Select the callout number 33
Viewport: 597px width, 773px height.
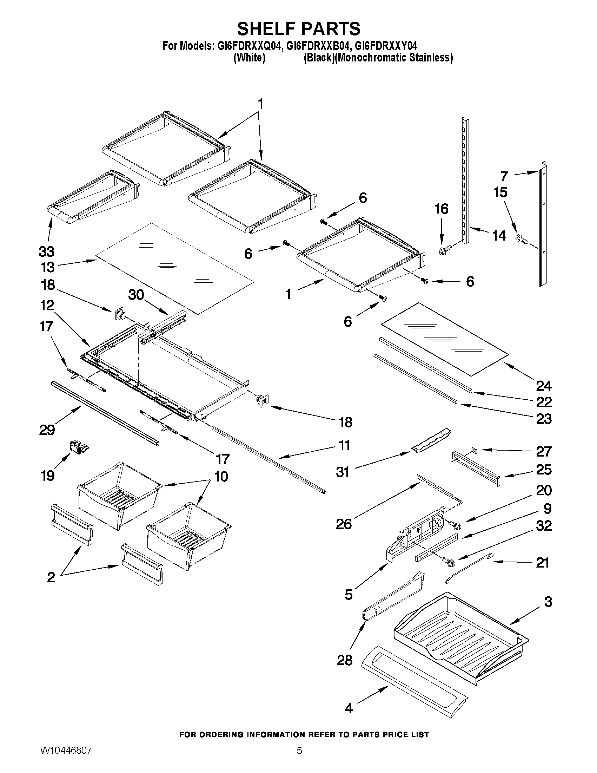[46, 252]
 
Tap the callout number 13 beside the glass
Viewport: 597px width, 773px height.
[47, 267]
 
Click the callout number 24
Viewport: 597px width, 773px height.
[544, 386]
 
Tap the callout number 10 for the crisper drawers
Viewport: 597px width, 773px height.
[221, 476]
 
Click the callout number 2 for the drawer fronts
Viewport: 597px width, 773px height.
[51, 577]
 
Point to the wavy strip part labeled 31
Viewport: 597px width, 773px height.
[432, 440]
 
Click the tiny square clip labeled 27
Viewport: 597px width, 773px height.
[474, 451]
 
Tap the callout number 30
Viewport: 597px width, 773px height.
[136, 294]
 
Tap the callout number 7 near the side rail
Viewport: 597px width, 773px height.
[504, 176]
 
